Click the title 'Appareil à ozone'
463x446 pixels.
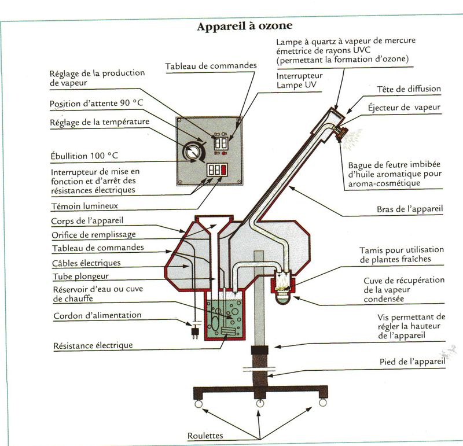245,27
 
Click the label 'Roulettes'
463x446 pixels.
206,436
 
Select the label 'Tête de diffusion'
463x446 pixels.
409,89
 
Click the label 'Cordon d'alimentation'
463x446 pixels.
97,316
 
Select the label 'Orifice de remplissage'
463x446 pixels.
94,234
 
